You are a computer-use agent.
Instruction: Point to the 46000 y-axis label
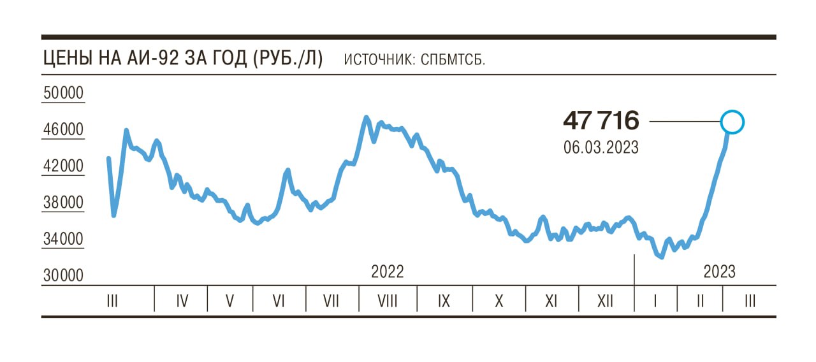(63, 130)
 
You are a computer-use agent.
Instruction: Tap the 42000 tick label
(63, 166)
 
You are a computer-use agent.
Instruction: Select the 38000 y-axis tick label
(63, 203)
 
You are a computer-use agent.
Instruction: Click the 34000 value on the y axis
(63, 240)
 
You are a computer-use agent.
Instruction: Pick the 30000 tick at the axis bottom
(63, 276)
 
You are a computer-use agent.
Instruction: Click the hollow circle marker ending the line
(732, 121)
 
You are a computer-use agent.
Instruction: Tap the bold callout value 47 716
(601, 120)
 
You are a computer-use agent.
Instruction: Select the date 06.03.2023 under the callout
(601, 147)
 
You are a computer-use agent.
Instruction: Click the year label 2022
(388, 272)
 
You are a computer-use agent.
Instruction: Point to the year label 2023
(719, 272)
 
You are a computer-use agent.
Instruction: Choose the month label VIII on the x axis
(388, 300)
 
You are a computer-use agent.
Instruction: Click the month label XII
(605, 300)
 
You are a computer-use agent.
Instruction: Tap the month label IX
(444, 300)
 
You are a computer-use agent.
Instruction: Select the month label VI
(279, 300)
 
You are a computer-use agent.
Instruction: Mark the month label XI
(551, 300)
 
